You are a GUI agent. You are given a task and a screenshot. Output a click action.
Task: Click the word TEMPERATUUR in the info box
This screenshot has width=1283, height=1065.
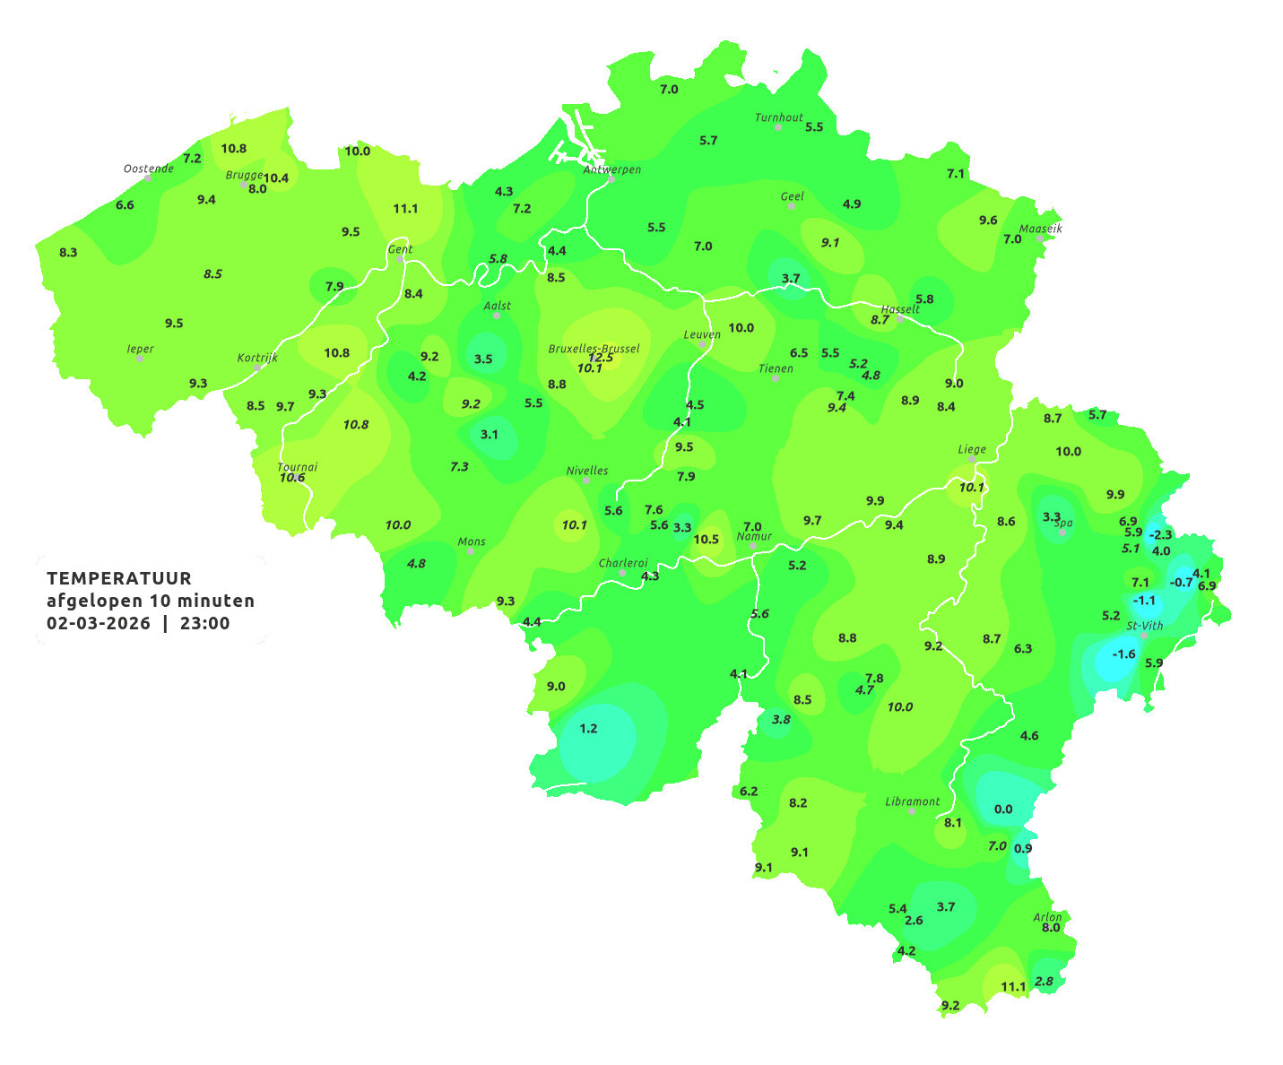119,578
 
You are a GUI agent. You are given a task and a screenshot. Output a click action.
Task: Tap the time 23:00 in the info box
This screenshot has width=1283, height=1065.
204,623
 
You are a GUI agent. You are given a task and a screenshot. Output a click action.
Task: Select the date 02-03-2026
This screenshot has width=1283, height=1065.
99,623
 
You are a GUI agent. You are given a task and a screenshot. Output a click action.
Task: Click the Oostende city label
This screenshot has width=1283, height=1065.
149,169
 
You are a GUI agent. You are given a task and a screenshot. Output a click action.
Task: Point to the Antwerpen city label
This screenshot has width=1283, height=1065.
612,169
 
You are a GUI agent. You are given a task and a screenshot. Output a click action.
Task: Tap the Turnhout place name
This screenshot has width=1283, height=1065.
779,117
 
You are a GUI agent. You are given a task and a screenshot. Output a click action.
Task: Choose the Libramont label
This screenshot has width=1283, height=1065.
913,801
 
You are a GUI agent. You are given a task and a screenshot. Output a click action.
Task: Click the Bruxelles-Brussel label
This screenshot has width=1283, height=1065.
594,348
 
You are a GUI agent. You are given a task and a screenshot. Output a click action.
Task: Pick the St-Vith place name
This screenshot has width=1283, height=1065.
1145,626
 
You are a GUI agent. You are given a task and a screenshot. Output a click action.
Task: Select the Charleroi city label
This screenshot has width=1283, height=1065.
623,563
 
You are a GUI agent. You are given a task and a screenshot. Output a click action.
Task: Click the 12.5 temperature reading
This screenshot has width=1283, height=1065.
601,358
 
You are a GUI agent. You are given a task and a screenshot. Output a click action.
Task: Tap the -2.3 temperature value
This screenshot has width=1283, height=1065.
1160,534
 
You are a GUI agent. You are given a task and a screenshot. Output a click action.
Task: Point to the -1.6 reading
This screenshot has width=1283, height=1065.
1123,654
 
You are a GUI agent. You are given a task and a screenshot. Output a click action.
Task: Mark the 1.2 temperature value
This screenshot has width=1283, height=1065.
588,728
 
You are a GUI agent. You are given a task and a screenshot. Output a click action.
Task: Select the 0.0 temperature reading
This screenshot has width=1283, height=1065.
1003,809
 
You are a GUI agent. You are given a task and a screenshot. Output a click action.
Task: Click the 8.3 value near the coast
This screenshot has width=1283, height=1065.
68,252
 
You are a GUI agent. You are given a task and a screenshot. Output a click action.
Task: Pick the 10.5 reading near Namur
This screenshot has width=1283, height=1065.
707,539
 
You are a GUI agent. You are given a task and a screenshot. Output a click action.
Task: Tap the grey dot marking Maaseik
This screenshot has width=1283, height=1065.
1040,238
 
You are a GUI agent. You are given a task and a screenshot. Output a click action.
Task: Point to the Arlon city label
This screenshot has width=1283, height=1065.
1047,917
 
